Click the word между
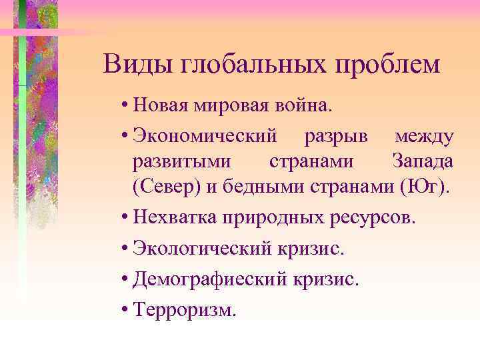coord(425,136)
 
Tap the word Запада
coord(423,162)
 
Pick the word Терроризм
coord(184,309)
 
